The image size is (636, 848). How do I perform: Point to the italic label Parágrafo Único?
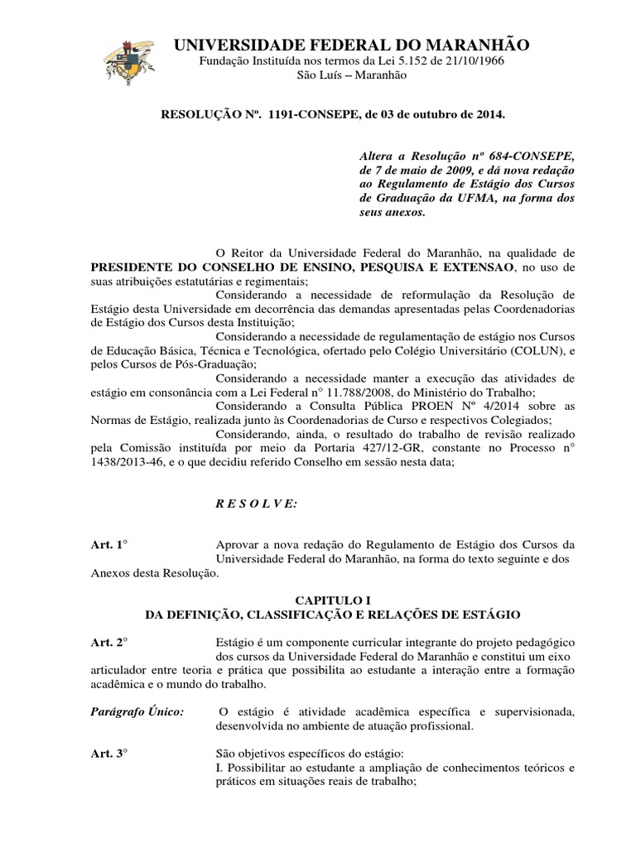click(137, 711)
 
